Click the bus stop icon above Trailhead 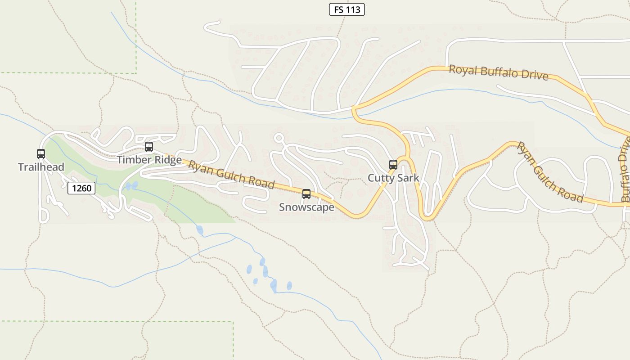point(41,154)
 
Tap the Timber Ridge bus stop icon point(149,147)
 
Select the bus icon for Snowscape point(306,194)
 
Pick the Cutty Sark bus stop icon point(393,165)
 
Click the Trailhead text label point(41,167)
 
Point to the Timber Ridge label point(149,160)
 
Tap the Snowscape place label point(306,207)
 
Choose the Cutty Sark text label point(393,178)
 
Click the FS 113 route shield point(346,9)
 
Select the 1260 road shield point(81,188)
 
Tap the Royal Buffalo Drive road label point(499,72)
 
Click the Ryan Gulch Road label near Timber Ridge point(231,175)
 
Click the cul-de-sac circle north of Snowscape point(279,138)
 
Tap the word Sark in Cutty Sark point(407,178)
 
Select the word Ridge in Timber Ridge point(167,160)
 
